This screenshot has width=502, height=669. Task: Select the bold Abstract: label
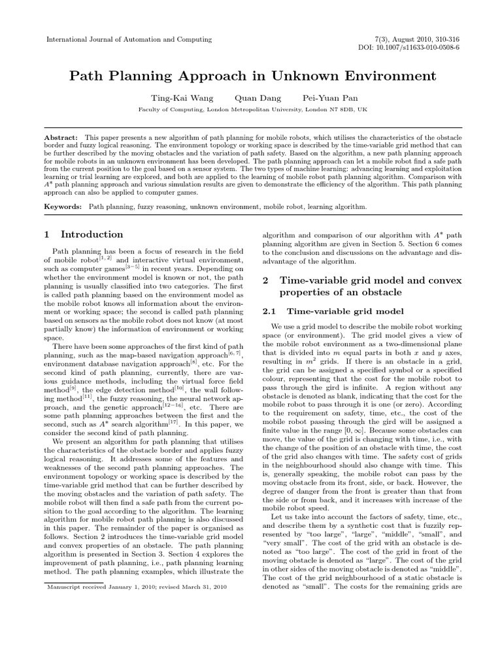click(61, 139)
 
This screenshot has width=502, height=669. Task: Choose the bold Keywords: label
click(63, 206)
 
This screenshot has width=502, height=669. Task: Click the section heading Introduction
click(92, 235)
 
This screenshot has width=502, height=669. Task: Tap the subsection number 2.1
click(270, 310)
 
